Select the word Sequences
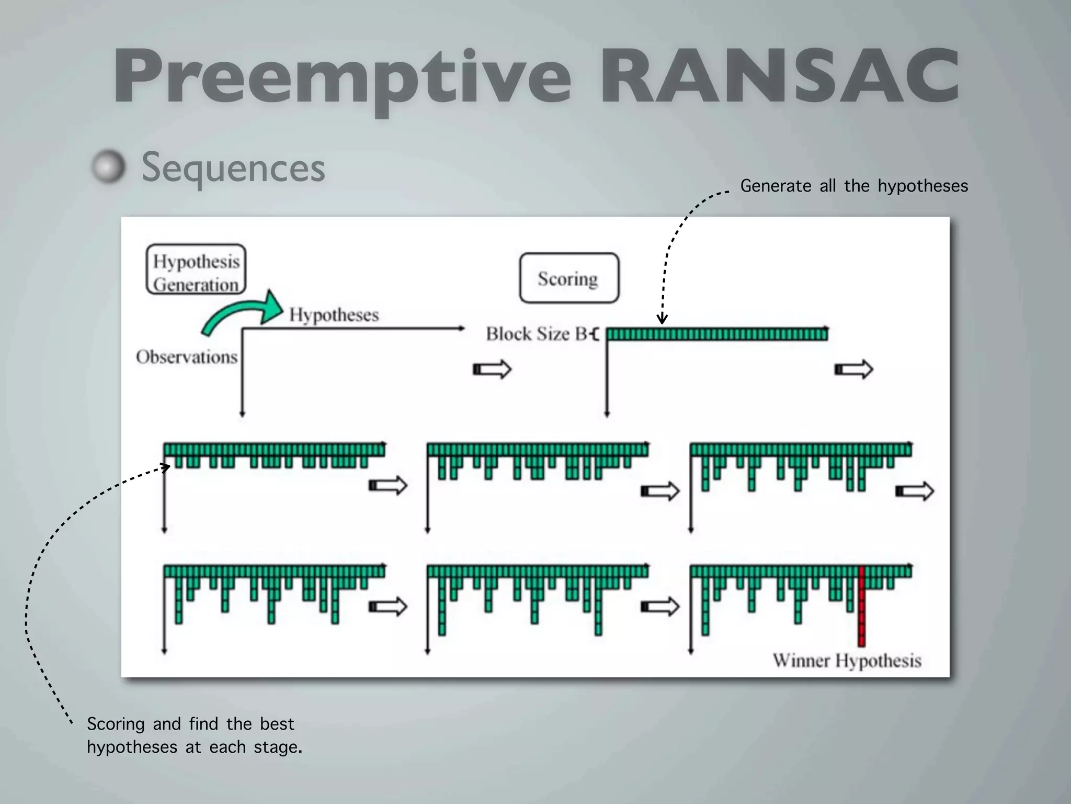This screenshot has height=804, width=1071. pos(233,167)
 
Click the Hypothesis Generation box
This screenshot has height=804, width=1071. pos(196,270)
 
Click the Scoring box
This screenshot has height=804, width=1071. pos(568,278)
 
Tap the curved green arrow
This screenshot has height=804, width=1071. pos(241,313)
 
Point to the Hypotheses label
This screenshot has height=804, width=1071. pos(334,315)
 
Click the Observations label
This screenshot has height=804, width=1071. pos(187,357)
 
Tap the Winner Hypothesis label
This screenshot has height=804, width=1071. pos(847,661)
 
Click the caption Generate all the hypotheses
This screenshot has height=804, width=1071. pos(854,186)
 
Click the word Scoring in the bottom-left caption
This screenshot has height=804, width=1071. pos(116,724)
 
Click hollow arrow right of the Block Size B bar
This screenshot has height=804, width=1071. pos(853,370)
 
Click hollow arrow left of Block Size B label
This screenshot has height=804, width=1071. pos(492,370)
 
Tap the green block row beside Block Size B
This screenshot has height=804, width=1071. pos(716,334)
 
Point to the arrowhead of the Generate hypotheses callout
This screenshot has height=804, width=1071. pos(662,319)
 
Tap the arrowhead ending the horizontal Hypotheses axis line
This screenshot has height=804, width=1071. pos(462,329)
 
